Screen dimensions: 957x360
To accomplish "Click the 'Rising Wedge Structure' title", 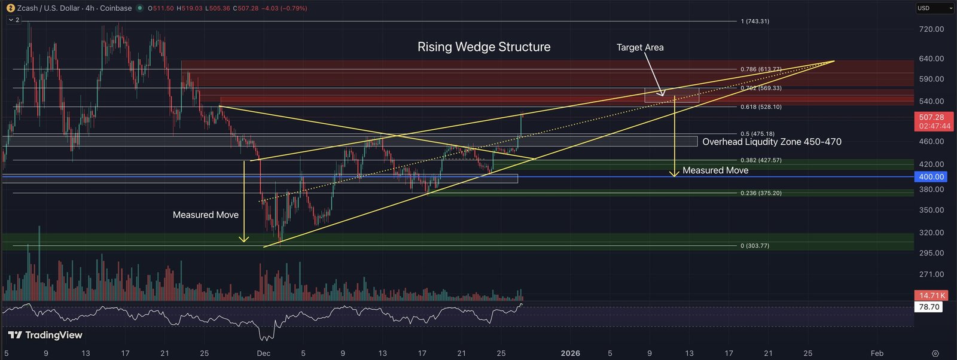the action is (484, 47).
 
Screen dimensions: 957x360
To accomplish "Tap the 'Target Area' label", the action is (640, 47).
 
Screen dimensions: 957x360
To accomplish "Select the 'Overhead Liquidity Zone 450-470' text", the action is (772, 142).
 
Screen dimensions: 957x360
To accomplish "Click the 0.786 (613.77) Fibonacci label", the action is (761, 69).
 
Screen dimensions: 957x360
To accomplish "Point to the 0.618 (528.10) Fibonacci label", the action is (761, 107).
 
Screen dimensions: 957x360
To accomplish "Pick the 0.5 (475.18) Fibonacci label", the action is (757, 134).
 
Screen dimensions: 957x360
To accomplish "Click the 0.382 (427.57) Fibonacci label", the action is (761, 160).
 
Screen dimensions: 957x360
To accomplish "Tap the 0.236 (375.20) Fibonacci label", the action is (761, 193).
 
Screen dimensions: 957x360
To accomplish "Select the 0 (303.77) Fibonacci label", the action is (755, 246).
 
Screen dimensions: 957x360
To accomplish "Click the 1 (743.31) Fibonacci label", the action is (755, 21).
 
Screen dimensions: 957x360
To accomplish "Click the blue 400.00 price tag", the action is (931, 177).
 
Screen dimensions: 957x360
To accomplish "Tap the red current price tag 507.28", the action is (934, 121).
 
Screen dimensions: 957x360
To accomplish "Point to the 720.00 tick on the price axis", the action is (931, 29).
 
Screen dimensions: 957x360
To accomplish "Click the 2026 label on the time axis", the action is (571, 353).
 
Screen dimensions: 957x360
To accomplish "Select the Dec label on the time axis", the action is (264, 353).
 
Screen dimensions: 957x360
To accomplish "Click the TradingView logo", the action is (45, 335).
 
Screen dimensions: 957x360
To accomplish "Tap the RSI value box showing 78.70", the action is (929, 307).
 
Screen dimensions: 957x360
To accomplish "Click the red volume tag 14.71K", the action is (931, 295).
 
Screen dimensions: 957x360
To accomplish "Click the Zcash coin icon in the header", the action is (10, 8).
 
